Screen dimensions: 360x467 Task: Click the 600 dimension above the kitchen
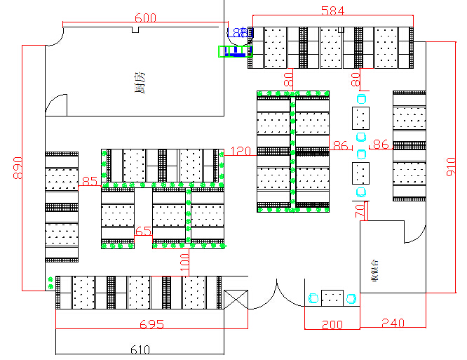[x=145, y=18]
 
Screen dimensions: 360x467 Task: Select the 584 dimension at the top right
[x=333, y=11]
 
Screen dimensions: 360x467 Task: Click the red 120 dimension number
[x=241, y=151]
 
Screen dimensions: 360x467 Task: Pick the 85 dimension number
[x=90, y=182]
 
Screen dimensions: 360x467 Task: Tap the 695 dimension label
[x=151, y=324]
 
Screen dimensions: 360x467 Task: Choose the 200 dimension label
[x=332, y=325]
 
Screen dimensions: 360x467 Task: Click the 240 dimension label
[x=393, y=323]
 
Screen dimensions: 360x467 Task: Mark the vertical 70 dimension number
[x=360, y=209]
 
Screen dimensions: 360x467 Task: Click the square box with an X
[x=235, y=300]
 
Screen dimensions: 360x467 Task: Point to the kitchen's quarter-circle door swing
[x=56, y=105]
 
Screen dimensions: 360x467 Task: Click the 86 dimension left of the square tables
[x=341, y=145]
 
